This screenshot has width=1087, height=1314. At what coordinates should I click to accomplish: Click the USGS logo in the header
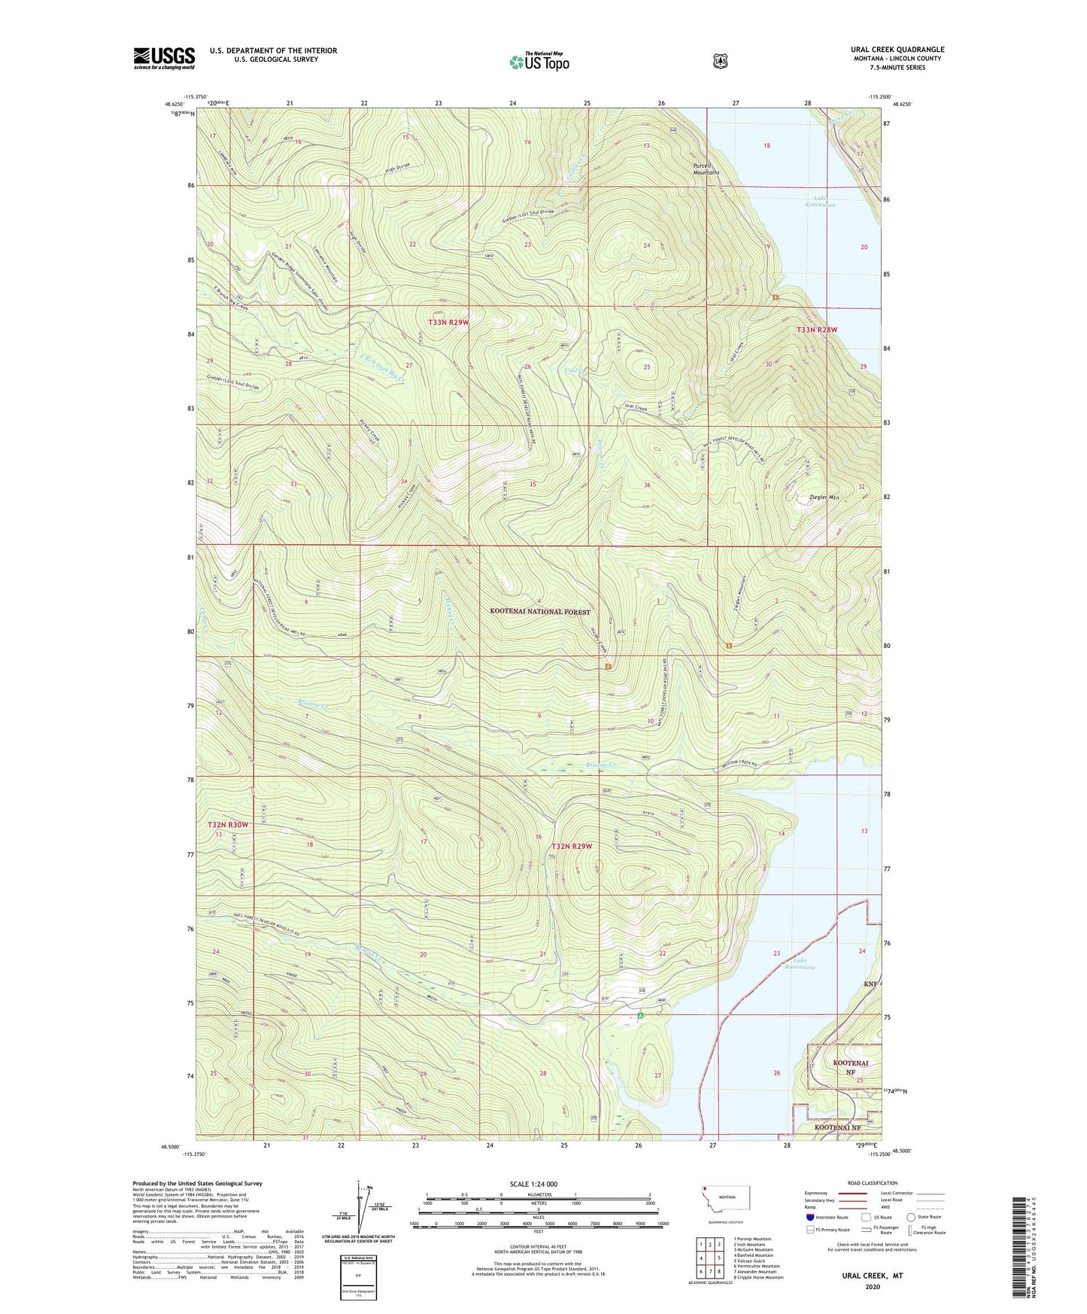164,58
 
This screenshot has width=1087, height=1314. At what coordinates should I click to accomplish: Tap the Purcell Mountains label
706,169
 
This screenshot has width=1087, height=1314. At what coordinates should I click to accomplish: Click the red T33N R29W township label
448,322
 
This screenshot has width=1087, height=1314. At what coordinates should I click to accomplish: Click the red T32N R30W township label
227,825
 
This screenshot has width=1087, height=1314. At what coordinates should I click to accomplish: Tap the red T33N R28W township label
817,330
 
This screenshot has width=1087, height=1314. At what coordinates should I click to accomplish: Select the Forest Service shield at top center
720,61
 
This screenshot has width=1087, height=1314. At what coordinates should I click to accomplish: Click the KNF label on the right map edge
870,984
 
